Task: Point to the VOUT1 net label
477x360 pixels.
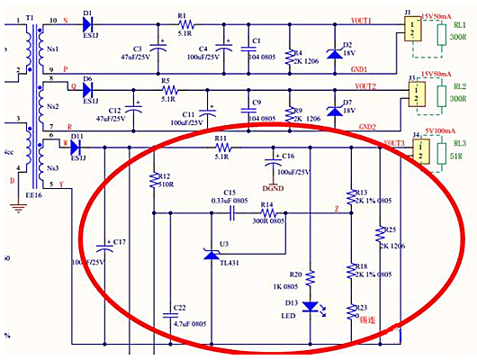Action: [363, 19]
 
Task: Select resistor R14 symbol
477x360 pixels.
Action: [267, 213]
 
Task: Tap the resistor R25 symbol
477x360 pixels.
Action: [377, 232]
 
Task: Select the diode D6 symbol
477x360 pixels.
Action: [87, 88]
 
